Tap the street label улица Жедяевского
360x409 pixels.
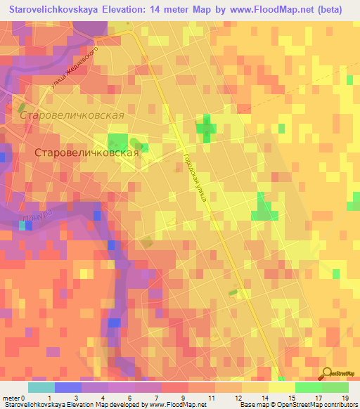pos(78,68)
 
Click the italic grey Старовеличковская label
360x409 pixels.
pos(72,115)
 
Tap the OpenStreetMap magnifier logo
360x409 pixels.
pos(328,374)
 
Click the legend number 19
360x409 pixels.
pos(345,397)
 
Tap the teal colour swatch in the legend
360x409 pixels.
pos(41,387)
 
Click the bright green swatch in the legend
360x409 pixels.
pos(308,387)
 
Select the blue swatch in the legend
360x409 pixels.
pos(67,387)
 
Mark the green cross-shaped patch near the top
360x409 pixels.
pos(206,128)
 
